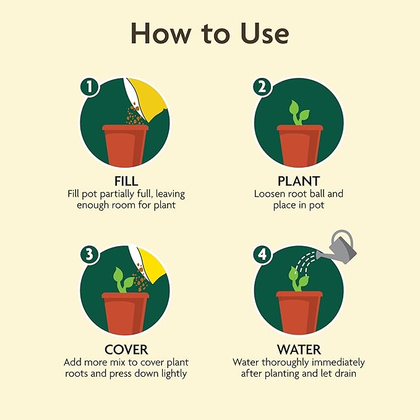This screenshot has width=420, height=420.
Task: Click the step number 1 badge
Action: [90, 87]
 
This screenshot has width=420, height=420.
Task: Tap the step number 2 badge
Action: [262, 87]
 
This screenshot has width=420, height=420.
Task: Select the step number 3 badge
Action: [90, 254]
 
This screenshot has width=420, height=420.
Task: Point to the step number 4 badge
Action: [262, 254]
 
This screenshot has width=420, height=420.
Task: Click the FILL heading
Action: [126, 181]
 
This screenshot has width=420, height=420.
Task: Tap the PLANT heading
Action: [299, 181]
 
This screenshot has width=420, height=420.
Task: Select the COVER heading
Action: [126, 349]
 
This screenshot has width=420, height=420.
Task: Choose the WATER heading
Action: [299, 349]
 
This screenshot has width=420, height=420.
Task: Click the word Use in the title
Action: [265, 33]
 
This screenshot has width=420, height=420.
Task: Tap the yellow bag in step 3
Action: [150, 266]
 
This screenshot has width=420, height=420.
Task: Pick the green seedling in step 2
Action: [299, 113]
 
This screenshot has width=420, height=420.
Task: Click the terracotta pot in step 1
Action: [125, 145]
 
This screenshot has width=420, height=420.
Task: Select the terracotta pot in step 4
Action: [299, 312]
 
